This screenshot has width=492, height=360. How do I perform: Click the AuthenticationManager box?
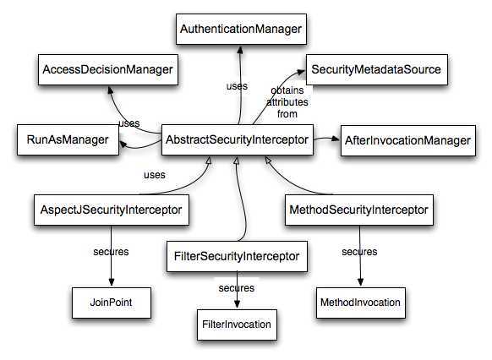(x=241, y=30)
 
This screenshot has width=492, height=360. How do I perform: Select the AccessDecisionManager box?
(x=107, y=69)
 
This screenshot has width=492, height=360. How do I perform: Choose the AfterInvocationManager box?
(x=406, y=139)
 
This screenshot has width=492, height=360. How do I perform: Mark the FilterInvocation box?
(x=238, y=323)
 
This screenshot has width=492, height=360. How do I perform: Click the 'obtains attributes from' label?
(x=288, y=101)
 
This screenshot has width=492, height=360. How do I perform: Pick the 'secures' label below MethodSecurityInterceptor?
(x=358, y=252)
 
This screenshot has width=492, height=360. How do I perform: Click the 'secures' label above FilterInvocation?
(x=236, y=287)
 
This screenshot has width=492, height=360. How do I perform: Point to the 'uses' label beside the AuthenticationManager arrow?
(x=237, y=85)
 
